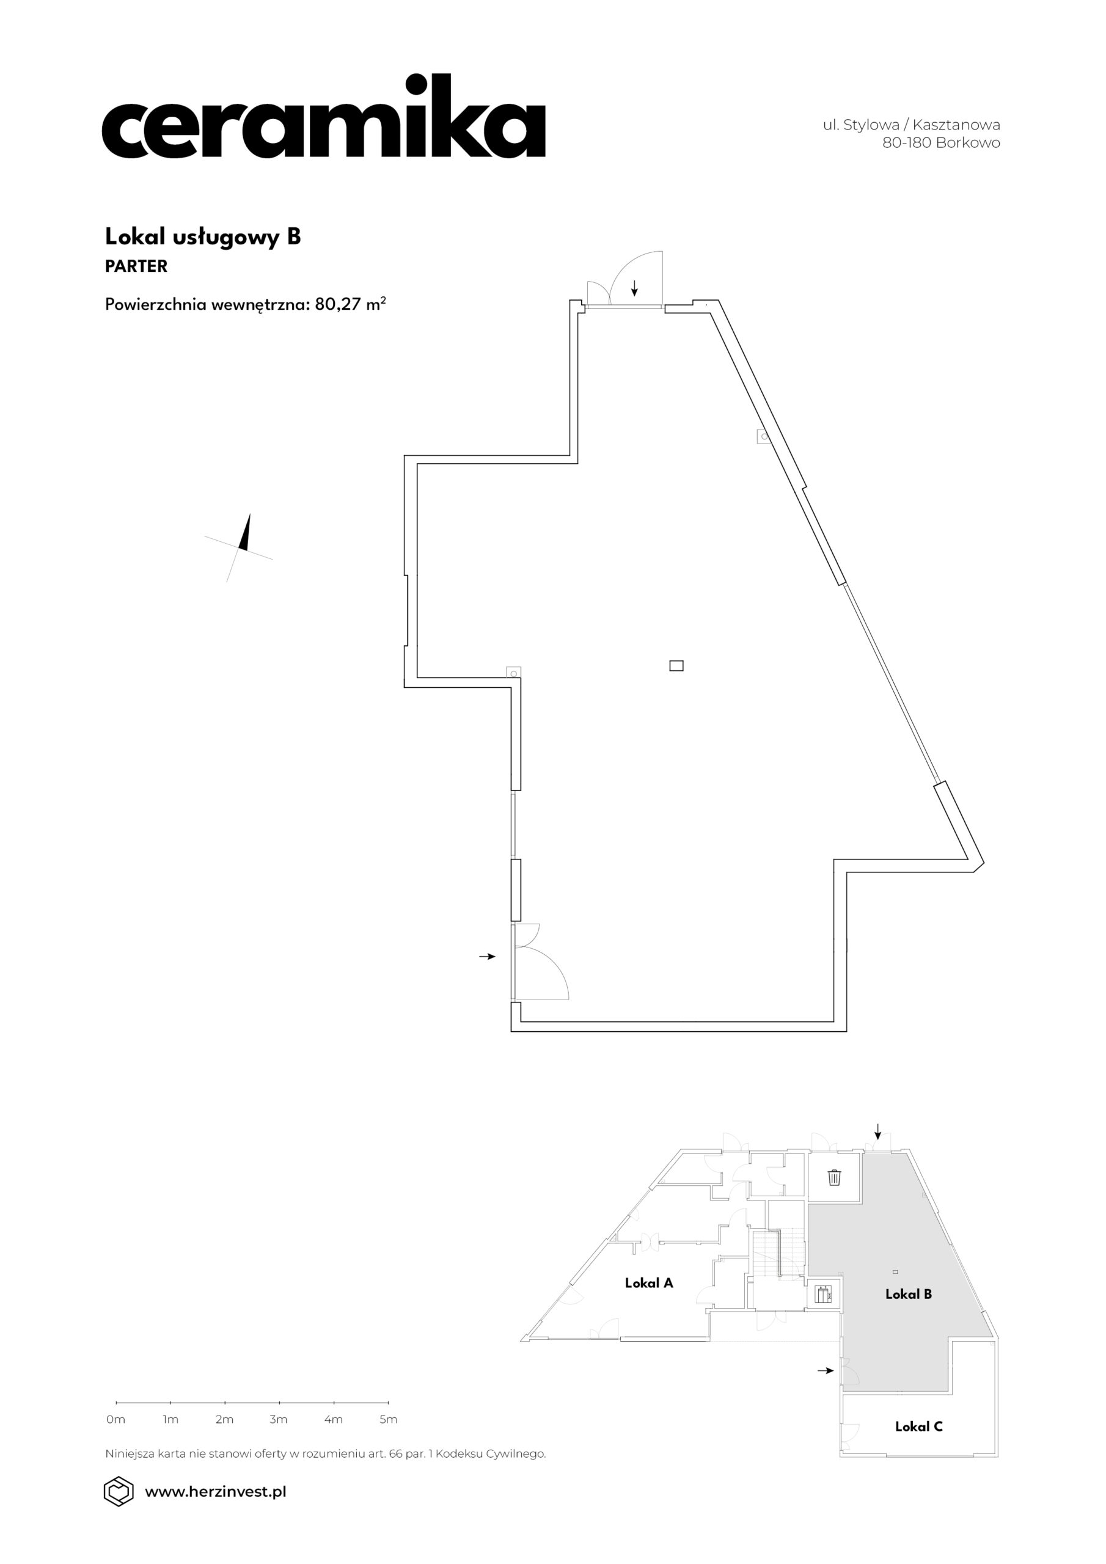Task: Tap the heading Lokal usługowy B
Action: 202,236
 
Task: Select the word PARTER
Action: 136,266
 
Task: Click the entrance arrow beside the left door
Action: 486,956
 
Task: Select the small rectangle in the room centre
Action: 676,665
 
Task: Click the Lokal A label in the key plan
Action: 649,1283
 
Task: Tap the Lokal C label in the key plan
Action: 918,1426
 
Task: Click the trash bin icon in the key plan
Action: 834,1177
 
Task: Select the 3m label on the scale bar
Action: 279,1420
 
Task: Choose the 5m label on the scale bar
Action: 388,1420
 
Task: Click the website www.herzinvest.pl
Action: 215,1491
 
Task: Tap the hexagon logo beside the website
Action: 118,1491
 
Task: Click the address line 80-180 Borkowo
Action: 941,143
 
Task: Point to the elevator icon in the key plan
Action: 823,1294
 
